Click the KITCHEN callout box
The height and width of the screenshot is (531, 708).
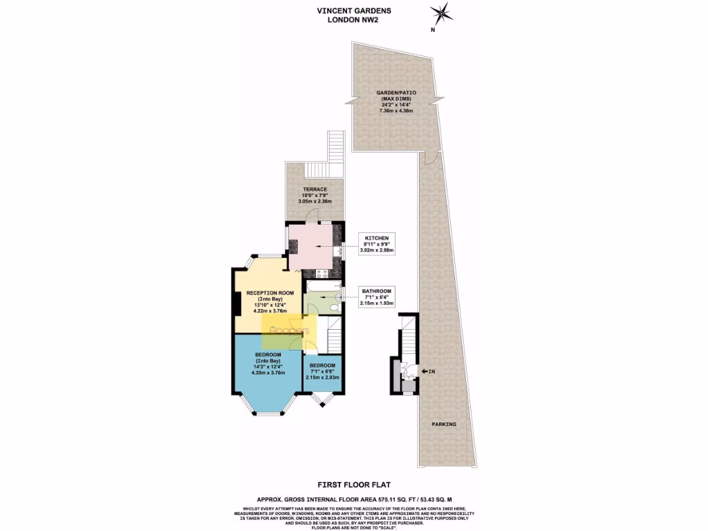pyautogui.click(x=377, y=244)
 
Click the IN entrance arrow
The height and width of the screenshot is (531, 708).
pyautogui.click(x=428, y=372)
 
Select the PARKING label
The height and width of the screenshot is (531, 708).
pyautogui.click(x=444, y=424)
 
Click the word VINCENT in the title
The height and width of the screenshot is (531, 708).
pyautogui.click(x=335, y=10)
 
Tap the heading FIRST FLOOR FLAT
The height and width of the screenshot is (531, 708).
pyautogui.click(x=354, y=485)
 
